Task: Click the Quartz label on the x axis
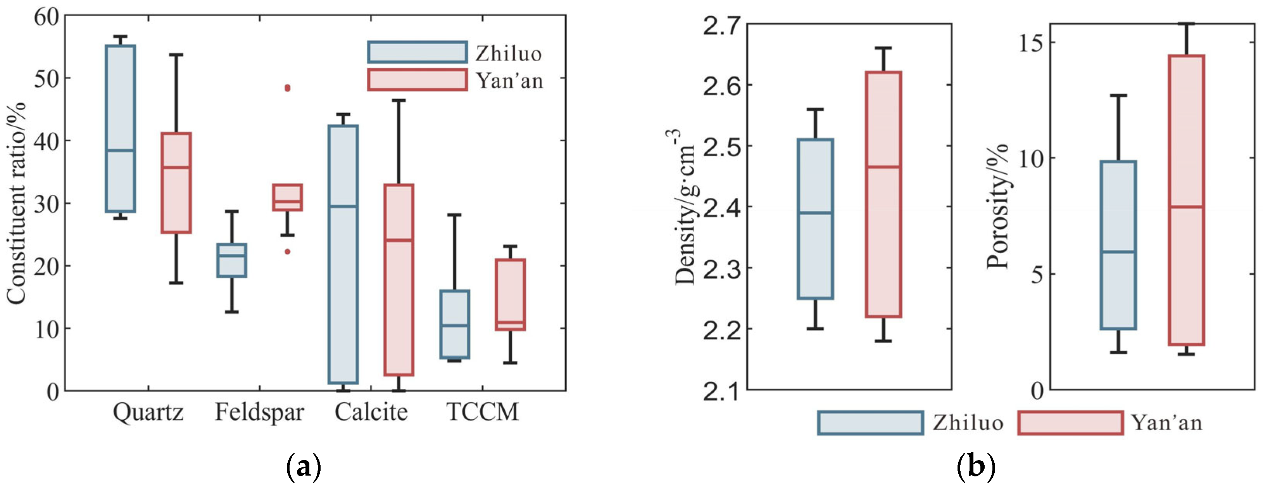tap(148, 412)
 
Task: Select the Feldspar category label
tap(259, 412)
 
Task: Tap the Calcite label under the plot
tap(371, 412)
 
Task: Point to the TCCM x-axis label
tap(483, 412)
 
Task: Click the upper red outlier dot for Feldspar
tap(287, 88)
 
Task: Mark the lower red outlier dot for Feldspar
tap(287, 252)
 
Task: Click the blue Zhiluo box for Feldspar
tap(232, 260)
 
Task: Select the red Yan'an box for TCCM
tap(511, 294)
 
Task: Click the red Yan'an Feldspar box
tap(287, 197)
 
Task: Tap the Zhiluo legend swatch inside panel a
tap(417, 52)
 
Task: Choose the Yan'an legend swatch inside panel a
tap(417, 80)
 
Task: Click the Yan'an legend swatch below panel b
tap(1070, 423)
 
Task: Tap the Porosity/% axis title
tap(998, 206)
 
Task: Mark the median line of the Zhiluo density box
tap(815, 213)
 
